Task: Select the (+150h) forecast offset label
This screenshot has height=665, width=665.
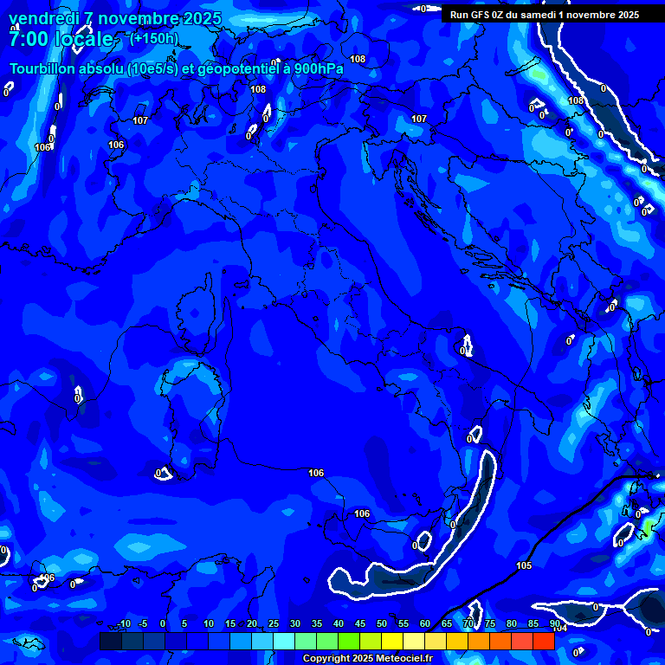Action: pos(154,38)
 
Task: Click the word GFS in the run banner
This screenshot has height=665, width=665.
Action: pos(481,15)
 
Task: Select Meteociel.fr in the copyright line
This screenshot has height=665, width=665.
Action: pos(400,659)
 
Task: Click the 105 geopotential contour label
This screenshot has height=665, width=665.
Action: pos(524,565)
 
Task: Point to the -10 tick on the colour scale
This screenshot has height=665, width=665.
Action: pos(124,624)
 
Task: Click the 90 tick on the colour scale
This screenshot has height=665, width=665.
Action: pos(554,624)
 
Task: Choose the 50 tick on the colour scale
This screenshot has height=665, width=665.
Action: pos(381,624)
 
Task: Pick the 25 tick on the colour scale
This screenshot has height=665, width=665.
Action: pos(273,624)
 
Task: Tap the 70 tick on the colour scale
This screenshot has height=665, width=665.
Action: pos(468,624)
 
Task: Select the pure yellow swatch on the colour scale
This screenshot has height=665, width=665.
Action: pos(392,641)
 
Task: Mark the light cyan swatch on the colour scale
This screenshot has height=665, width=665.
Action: pos(284,641)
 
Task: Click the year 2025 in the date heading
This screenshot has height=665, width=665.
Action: pos(202,18)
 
